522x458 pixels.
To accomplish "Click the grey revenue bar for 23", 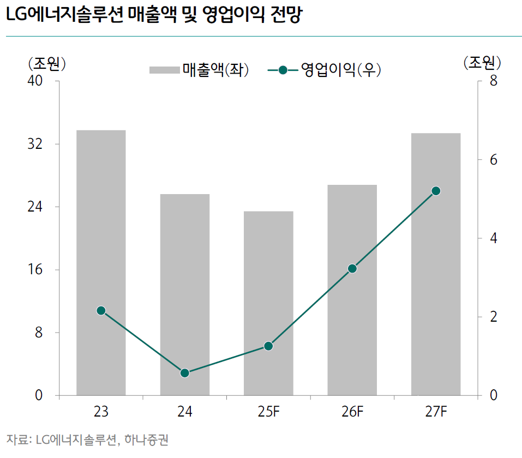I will tap(101, 262).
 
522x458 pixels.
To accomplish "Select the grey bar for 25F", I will tap(268, 303).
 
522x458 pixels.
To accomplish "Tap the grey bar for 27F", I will tap(436, 264).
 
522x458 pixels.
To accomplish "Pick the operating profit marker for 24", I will tap(184, 373).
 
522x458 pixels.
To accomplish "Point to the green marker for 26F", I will tap(352, 268).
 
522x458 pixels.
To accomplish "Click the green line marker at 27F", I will tap(436, 191).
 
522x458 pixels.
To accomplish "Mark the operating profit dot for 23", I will tap(101, 311).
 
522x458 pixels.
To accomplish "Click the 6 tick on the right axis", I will tap(493, 160).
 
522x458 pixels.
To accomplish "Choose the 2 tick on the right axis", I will tap(493, 317).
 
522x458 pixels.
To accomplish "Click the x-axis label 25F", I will tap(268, 412).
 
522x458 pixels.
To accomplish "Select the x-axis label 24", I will tap(184, 412).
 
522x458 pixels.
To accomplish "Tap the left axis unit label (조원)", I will tap(47, 63).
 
